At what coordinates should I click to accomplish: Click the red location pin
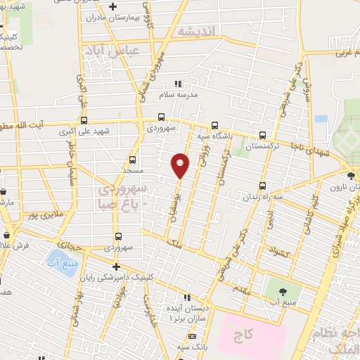pyautogui.click(x=181, y=165)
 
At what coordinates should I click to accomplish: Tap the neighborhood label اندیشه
pyautogui.click(x=200, y=32)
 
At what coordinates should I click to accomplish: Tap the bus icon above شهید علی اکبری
pyautogui.click(x=84, y=121)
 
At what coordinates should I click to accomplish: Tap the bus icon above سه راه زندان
pyautogui.click(x=263, y=186)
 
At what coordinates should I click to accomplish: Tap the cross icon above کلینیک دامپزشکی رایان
pyautogui.click(x=117, y=266)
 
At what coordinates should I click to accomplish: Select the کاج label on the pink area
pyautogui.click(x=251, y=330)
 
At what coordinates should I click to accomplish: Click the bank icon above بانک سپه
pyautogui.click(x=193, y=336)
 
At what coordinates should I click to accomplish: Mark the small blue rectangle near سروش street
pyautogui.click(x=321, y=119)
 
